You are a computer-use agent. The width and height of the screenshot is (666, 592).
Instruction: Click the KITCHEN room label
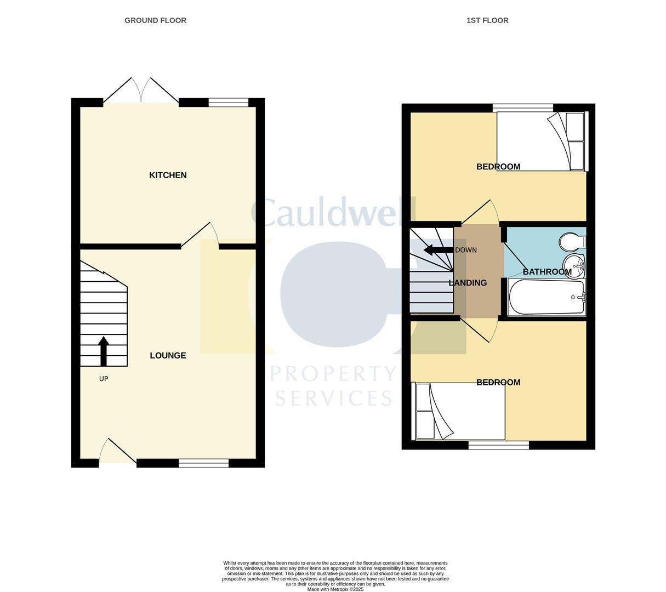[x=168, y=175]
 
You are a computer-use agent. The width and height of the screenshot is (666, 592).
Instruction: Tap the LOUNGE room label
[x=168, y=356]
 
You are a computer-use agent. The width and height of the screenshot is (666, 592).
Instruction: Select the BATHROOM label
[x=547, y=272]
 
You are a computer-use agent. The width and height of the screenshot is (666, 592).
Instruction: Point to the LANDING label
[x=468, y=283]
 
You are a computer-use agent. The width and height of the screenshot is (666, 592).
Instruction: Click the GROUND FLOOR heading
[x=155, y=20]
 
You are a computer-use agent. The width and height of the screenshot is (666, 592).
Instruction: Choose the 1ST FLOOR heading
[x=487, y=20]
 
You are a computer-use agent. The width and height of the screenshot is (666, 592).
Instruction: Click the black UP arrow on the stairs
[x=103, y=351]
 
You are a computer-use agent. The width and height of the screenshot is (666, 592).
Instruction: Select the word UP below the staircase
[x=104, y=379]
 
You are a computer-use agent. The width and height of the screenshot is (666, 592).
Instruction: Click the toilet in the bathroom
[x=572, y=241]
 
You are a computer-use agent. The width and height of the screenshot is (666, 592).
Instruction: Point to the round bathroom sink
[x=574, y=265]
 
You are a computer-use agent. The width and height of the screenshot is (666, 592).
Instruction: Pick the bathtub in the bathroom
[x=547, y=297]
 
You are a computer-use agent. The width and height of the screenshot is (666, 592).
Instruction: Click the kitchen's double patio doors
[x=141, y=91]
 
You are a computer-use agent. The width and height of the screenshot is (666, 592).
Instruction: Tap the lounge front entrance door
[x=117, y=453]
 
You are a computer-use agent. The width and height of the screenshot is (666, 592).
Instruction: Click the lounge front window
[x=203, y=463]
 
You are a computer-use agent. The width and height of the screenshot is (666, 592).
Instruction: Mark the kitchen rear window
[x=228, y=103]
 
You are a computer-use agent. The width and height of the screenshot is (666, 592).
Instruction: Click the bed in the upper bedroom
[x=542, y=141]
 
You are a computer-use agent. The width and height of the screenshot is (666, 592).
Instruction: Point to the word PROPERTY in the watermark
[x=333, y=374]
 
